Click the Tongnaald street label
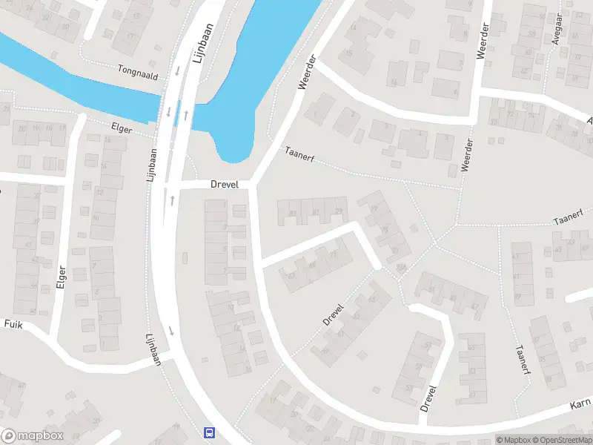pyautogui.click(x=138, y=70)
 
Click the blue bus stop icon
pyautogui.click(x=210, y=432)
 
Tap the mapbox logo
pyautogui.click(x=33, y=436)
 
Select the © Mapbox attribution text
pyautogui.click(x=514, y=440)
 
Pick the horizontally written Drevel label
pyautogui.click(x=224, y=184)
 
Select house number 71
pyautogui.click(x=332, y=255)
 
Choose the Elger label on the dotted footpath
pyautogui.click(x=121, y=128)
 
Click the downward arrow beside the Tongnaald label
pyautogui.click(x=178, y=72)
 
